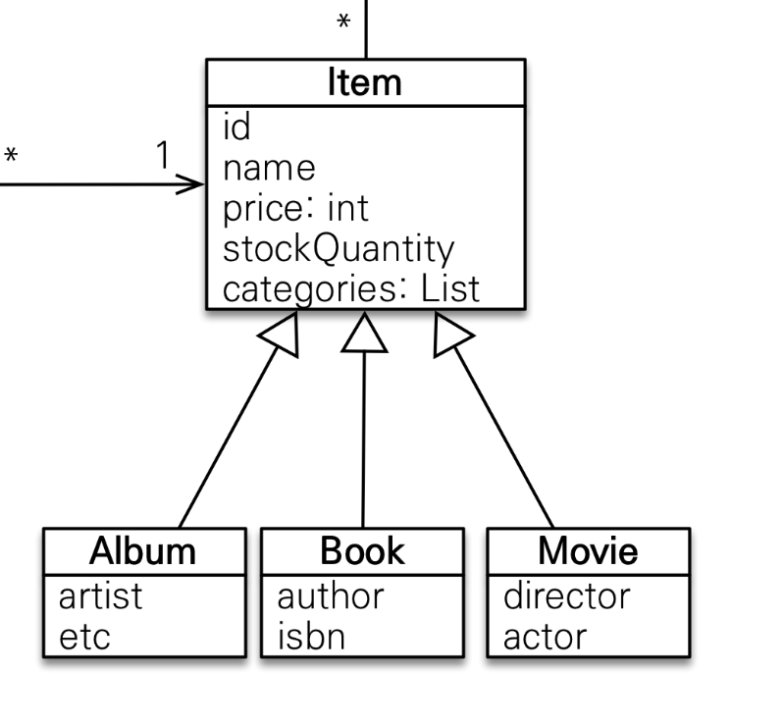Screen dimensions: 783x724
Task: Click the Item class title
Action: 365,82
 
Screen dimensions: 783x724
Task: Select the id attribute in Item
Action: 236,127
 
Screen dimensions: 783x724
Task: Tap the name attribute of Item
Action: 269,169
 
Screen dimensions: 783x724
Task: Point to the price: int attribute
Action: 295,209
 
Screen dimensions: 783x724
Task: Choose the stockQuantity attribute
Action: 339,249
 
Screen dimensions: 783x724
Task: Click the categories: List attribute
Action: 351,289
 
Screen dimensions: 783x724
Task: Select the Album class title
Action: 143,551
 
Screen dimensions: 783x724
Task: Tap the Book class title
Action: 362,551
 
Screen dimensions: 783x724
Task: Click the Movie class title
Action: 589,551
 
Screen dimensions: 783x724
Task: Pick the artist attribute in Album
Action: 101,596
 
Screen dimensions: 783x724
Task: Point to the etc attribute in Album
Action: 84,638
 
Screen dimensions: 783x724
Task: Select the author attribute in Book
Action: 331,596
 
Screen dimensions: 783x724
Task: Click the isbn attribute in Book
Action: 311,636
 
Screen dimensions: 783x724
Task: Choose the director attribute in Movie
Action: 567,595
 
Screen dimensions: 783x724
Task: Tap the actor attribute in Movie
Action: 545,638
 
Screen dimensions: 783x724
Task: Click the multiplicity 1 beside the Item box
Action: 163,155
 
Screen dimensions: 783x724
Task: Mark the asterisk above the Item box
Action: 343,22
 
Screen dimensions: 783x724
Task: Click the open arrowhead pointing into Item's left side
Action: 190,184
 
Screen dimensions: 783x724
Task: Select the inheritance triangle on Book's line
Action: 365,333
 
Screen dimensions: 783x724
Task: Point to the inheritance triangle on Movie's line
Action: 451,335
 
